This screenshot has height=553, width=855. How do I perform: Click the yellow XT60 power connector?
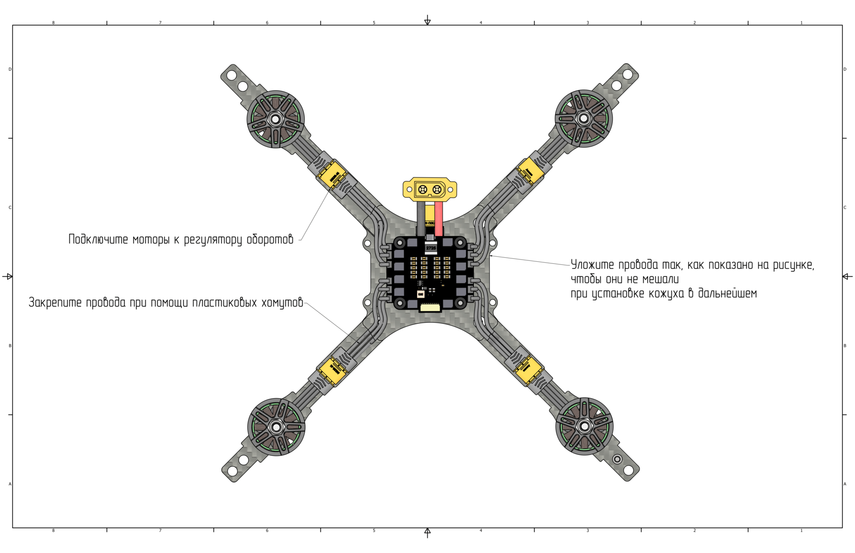click(x=430, y=190)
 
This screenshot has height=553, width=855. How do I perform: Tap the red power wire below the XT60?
click(x=439, y=219)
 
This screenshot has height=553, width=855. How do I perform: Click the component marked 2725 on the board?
click(x=431, y=248)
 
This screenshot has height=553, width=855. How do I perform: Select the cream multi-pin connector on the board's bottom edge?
click(x=431, y=307)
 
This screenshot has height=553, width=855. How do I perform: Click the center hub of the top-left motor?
click(x=276, y=120)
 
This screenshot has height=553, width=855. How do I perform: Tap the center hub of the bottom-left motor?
click(x=276, y=427)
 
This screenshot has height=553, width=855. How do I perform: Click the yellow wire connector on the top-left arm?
click(x=333, y=175)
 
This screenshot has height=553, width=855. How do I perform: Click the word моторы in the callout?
click(x=151, y=240)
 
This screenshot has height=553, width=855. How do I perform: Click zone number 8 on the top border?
click(x=53, y=23)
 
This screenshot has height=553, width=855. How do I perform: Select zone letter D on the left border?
click(x=10, y=69)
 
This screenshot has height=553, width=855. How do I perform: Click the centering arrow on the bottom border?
click(x=427, y=532)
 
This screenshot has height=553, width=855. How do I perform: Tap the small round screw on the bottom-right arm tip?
click(x=617, y=459)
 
